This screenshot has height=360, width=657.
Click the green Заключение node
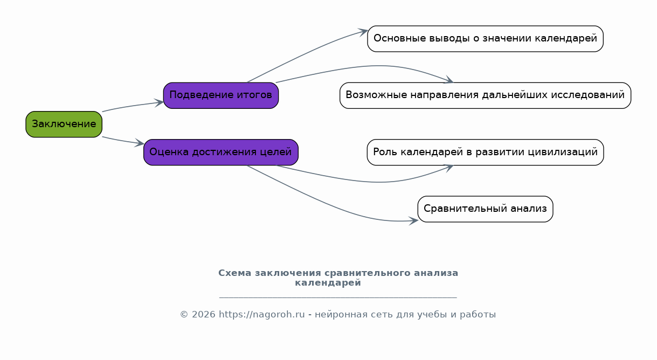pos(64,124)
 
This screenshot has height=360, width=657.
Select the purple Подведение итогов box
pos(221,95)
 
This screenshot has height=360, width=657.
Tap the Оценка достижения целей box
pos(221,153)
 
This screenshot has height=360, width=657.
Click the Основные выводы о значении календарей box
pos(485,39)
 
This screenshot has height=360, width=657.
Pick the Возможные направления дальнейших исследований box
pos(485,95)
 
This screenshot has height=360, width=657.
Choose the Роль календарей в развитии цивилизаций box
pos(485,153)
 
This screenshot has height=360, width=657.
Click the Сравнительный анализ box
pos(485,209)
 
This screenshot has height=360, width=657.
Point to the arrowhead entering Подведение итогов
pos(159,103)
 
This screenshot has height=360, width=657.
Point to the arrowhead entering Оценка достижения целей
pos(140,143)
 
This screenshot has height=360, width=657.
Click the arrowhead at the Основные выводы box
pos(363,32)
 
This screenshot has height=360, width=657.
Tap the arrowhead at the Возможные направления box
pos(449,80)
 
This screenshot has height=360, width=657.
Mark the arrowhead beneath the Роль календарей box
pos(449,168)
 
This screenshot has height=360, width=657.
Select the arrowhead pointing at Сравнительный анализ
pos(413,221)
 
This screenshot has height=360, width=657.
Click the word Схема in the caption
pos(234,273)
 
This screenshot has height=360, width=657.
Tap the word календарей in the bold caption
pos(328,283)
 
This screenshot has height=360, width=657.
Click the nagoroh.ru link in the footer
pos(261,315)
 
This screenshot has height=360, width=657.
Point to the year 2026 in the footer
pos(204,315)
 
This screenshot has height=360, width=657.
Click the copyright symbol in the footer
pos(184,315)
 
